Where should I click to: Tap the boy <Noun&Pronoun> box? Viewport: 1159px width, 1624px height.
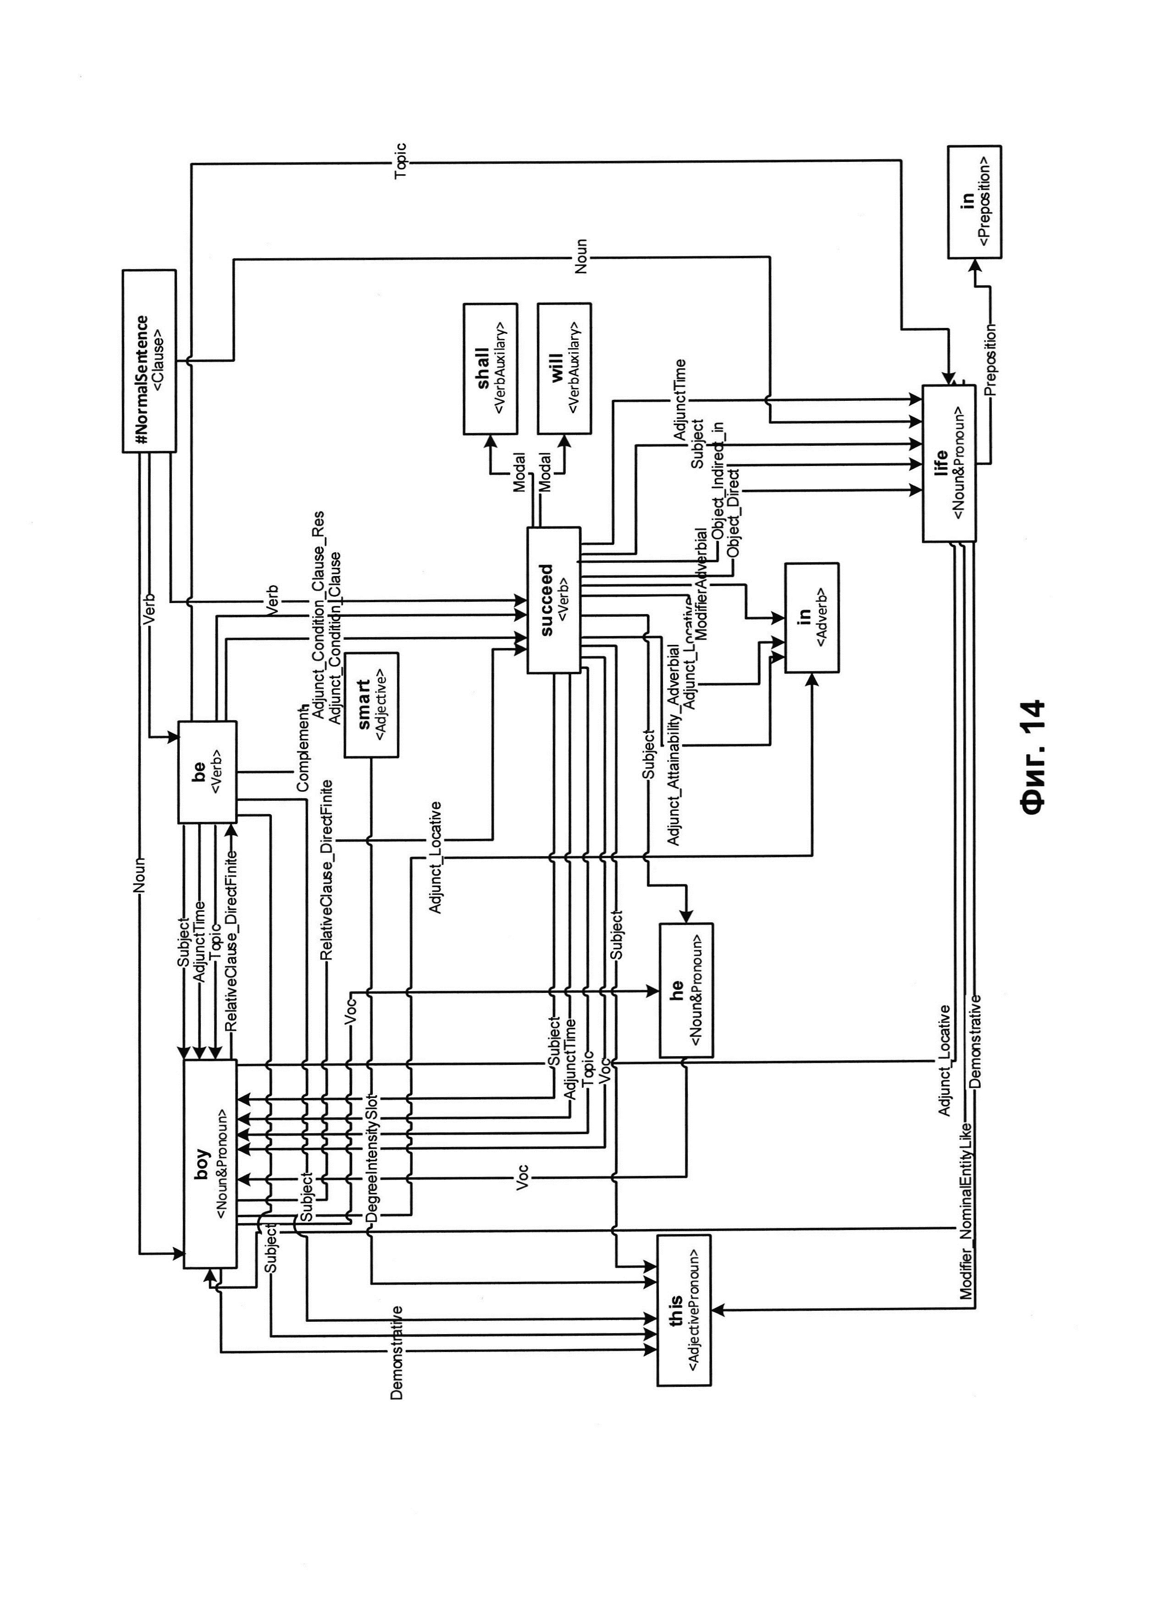coord(210,1164)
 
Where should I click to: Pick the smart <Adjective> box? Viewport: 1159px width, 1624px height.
coord(371,704)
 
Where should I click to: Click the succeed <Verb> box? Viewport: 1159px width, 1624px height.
coord(553,599)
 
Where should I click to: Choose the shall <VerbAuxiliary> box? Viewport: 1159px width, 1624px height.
coord(490,368)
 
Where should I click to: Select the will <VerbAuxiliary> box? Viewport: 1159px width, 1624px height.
coord(564,368)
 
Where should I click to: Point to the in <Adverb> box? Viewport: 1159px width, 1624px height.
coord(811,617)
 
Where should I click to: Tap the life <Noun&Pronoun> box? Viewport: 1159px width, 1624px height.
coord(949,463)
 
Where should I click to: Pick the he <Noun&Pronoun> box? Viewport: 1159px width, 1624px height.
coord(686,990)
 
